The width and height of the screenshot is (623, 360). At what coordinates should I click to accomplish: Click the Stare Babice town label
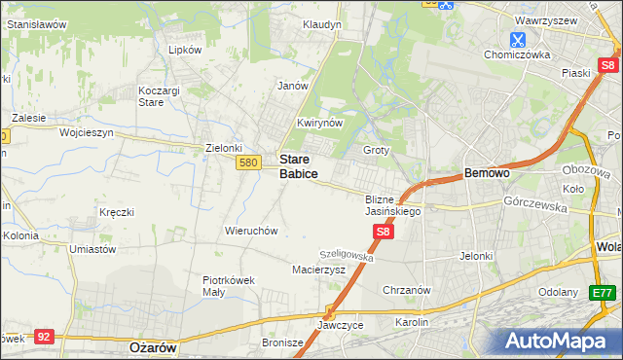298,165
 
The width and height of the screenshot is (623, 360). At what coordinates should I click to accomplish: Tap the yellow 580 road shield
247,163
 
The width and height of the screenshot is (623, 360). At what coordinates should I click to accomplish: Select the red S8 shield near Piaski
608,66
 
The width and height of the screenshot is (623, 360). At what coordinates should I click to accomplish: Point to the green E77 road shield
604,292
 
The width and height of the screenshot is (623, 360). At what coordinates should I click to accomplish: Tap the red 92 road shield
43,336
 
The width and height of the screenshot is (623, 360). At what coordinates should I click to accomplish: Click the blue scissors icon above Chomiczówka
517,40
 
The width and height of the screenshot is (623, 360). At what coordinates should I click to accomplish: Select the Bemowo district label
487,173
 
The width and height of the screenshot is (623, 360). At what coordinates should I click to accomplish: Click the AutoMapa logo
559,342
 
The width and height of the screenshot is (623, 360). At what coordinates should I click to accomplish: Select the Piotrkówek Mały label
228,285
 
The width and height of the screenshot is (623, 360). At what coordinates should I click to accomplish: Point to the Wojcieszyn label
87,131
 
